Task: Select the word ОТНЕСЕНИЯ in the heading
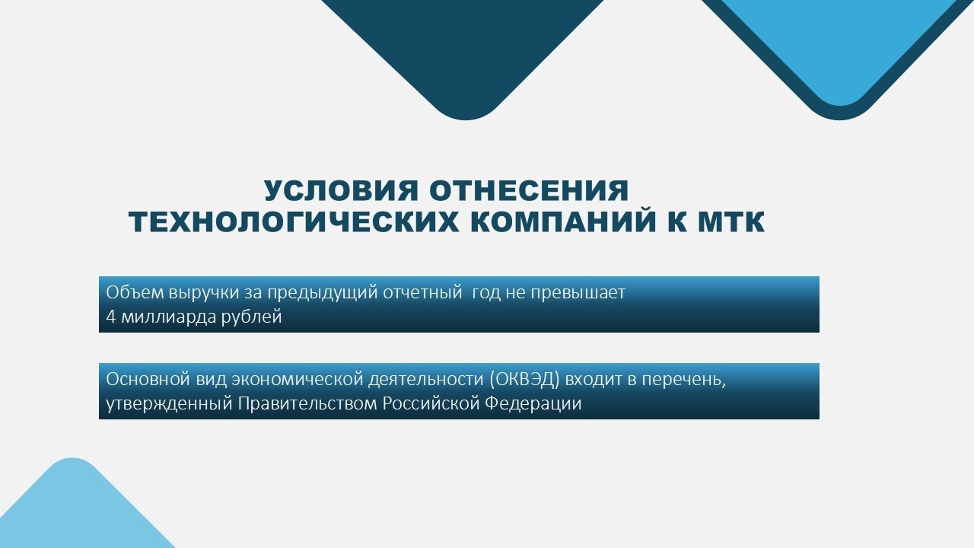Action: (529, 190)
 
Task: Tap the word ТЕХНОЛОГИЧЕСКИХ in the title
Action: (294, 221)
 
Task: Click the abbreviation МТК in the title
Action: (731, 221)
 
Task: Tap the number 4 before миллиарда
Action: (110, 317)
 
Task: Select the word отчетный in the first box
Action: (422, 293)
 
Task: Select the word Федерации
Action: (533, 404)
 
